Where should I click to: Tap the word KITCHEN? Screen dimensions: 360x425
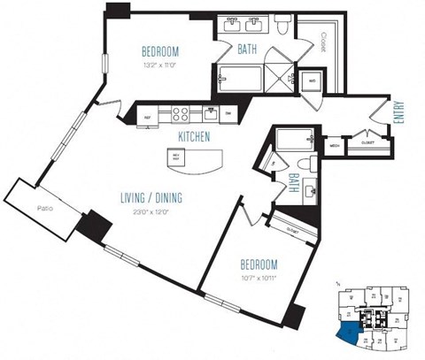[x=194, y=137]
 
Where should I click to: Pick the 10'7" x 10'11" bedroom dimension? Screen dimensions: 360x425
[x=259, y=280]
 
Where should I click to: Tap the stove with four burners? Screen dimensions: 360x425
[x=182, y=113]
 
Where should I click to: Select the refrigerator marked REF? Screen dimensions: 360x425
[x=149, y=113]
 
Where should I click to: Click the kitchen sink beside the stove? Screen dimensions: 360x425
[x=211, y=112]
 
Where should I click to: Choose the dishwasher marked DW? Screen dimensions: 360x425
[x=228, y=113]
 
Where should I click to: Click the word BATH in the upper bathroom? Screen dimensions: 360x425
[x=247, y=51]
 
